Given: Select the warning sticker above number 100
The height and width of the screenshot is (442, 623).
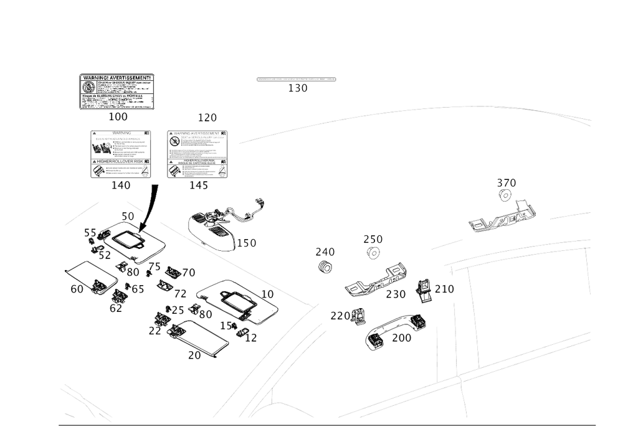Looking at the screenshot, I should pyautogui.click(x=117, y=92).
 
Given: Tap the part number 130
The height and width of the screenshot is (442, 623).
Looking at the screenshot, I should pyautogui.click(x=297, y=88).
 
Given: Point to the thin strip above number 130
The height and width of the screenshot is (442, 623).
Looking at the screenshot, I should pyautogui.click(x=297, y=79).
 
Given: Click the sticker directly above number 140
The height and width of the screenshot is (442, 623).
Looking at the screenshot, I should pyautogui.click(x=121, y=154).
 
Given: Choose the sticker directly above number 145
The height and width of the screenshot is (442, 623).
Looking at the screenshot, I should pyautogui.click(x=198, y=154).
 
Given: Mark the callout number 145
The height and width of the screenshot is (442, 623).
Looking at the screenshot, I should pyautogui.click(x=199, y=185).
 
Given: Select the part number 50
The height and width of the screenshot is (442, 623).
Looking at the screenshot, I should pyautogui.click(x=128, y=215).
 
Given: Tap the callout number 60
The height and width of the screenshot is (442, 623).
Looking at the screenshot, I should pyautogui.click(x=77, y=289).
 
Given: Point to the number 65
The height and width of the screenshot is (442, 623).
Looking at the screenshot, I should pyautogui.click(x=138, y=289).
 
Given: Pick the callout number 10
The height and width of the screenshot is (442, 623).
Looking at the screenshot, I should pyautogui.click(x=268, y=293).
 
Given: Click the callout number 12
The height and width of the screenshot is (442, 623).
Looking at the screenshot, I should pyautogui.click(x=252, y=337).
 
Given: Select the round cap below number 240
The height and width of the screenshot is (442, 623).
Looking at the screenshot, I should pyautogui.click(x=323, y=267).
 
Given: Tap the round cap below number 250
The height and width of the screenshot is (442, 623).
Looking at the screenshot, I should pyautogui.click(x=373, y=253).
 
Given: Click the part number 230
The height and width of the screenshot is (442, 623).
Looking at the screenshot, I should pyautogui.click(x=396, y=293).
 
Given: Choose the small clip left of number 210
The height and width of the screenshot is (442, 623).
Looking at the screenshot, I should pyautogui.click(x=424, y=291).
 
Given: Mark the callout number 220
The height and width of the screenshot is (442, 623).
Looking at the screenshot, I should pyautogui.click(x=340, y=316).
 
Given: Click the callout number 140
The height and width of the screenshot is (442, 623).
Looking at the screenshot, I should pyautogui.click(x=121, y=185).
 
